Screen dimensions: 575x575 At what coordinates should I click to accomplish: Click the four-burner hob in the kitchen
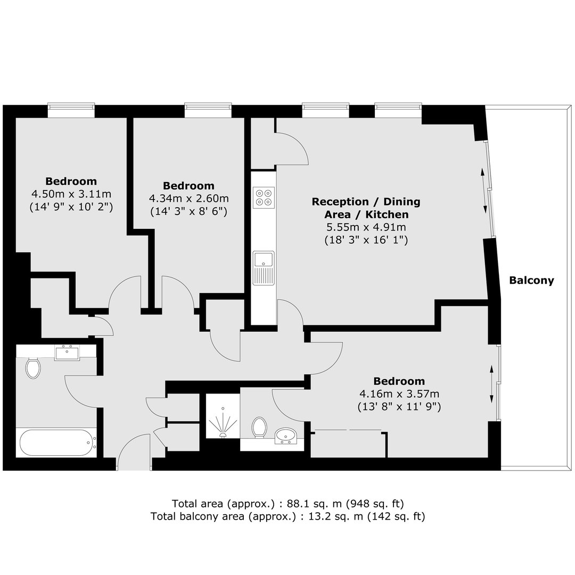tap(264, 198)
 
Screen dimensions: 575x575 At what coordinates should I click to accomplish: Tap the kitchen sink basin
tap(264, 260)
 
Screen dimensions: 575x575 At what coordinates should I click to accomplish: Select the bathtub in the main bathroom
tap(57, 442)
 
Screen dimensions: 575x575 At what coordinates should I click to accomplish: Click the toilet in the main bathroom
tap(33, 367)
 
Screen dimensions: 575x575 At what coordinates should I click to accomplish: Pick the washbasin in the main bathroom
tap(67, 353)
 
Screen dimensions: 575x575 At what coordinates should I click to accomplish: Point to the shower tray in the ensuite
tap(223, 416)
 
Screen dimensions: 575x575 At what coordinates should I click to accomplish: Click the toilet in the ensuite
tap(259, 427)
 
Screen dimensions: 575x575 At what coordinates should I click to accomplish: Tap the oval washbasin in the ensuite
tap(286, 436)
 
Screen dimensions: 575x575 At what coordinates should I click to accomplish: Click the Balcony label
tap(531, 281)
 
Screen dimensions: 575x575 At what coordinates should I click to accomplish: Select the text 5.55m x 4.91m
tap(366, 227)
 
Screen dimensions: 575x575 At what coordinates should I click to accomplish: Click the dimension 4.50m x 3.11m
tap(71, 194)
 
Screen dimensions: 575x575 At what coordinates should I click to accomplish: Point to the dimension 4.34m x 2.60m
tap(188, 199)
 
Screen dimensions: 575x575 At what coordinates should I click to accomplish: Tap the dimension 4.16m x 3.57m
tap(399, 394)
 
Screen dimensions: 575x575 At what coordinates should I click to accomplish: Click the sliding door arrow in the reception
tap(484, 191)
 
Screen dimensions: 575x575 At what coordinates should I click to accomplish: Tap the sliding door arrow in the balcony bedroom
tap(492, 383)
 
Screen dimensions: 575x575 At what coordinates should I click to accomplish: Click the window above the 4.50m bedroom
tap(71, 110)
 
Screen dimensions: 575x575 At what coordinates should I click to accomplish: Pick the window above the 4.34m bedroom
tap(208, 110)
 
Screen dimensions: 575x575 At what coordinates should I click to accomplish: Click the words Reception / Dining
tap(366, 202)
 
